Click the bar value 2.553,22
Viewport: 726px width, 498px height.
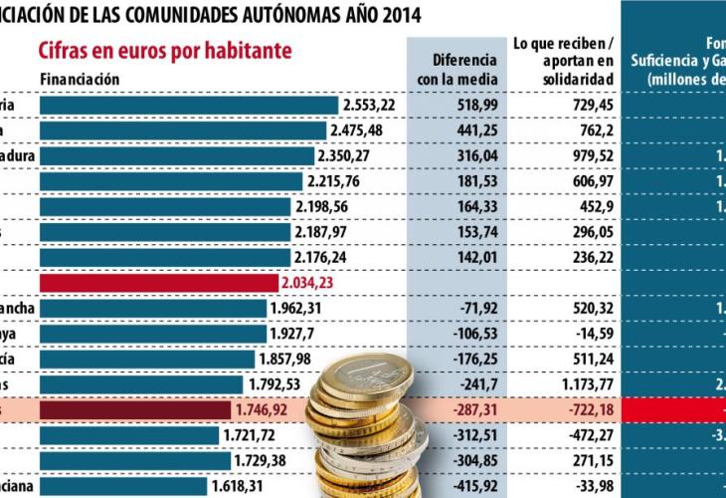pos(369,105)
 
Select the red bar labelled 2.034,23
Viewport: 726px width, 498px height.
pos(159,283)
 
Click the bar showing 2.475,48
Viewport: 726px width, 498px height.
pos(183,130)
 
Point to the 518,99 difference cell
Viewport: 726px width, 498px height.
pos(457,105)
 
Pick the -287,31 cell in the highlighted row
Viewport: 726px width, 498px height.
pos(457,409)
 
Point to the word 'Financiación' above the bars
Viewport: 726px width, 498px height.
pos(80,79)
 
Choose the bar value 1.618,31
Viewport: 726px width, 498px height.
pos(238,486)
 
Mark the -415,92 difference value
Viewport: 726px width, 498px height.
pos(457,486)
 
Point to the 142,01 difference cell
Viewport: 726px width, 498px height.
pos(457,257)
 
